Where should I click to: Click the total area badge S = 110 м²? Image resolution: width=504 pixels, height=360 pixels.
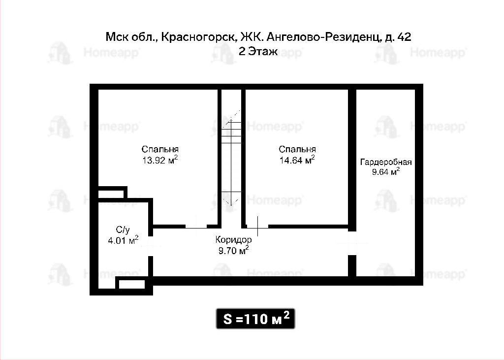255,319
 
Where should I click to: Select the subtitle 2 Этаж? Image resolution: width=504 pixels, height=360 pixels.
258,52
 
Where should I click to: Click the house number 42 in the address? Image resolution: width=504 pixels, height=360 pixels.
405,37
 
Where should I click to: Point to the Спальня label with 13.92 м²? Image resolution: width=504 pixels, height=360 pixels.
160,149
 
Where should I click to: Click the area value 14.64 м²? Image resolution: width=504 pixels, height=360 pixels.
297,160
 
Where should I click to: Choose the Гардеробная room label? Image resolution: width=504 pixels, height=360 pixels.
386,162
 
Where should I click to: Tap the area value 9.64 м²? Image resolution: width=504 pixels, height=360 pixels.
386,171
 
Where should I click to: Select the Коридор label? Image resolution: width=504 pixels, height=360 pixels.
233,240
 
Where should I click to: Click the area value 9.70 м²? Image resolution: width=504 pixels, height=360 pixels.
233,250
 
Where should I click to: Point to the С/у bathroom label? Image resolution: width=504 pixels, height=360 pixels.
123,229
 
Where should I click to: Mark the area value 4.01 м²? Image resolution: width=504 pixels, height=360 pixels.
124,240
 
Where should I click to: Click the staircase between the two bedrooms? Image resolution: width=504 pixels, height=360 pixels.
231,158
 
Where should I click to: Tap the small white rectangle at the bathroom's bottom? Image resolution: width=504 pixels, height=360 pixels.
132,284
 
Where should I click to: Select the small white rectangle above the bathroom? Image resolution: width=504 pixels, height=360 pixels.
111,194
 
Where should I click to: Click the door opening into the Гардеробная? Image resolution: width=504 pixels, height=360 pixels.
352,243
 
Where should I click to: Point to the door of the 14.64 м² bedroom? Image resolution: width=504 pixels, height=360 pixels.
257,227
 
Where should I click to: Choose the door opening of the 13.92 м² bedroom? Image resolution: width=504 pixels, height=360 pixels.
196,227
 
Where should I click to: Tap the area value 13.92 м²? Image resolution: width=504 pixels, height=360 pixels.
160,160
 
